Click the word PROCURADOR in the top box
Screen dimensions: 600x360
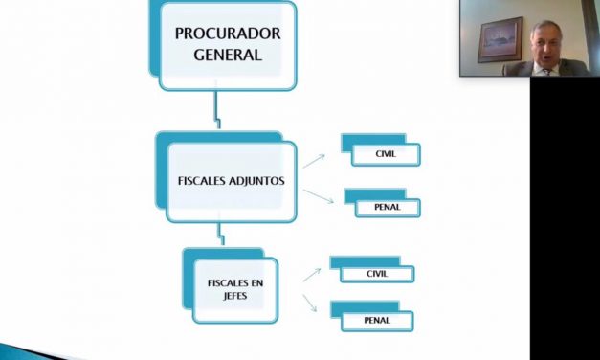tap(227, 34)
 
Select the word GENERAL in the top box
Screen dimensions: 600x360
tap(227, 55)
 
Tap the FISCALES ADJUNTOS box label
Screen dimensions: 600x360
tap(231, 180)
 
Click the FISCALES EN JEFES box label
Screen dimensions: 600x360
tap(234, 289)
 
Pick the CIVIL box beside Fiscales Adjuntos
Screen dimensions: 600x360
tap(385, 153)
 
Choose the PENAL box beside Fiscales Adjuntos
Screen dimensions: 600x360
tap(387, 207)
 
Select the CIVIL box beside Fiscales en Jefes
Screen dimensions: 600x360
tap(377, 274)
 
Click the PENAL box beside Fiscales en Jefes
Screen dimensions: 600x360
tap(377, 320)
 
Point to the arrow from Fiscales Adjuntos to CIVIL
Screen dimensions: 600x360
tap(314, 159)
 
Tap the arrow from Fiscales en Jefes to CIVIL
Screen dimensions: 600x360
tap(312, 274)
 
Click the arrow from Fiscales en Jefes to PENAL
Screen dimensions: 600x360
tap(311, 304)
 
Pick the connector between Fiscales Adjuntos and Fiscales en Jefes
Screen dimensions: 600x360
tap(221, 233)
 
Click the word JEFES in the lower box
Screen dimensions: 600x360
tap(234, 296)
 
